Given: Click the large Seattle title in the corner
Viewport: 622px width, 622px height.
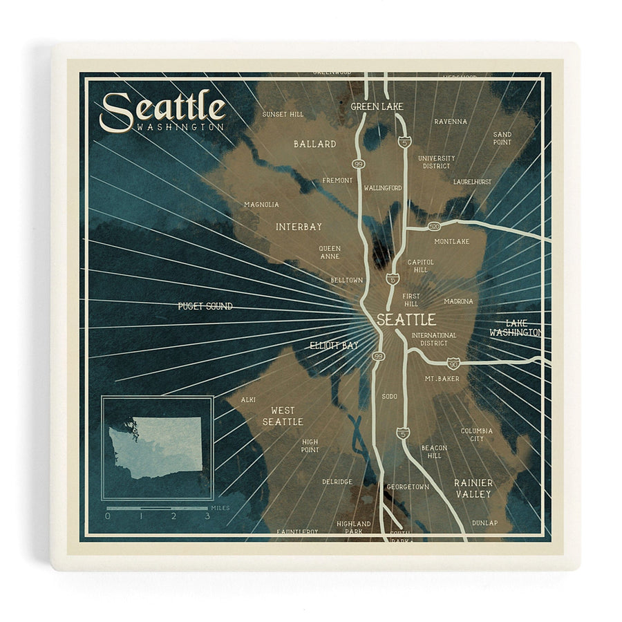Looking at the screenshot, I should pos(163,110).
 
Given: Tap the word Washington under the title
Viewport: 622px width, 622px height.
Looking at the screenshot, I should pos(180,128).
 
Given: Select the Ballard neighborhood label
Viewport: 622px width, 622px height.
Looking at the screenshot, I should pos(314,144).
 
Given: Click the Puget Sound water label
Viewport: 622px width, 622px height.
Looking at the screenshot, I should pos(205,306).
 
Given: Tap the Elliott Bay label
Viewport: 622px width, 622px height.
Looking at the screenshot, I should pos(334,345).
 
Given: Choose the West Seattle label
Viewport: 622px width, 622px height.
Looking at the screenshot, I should pos(282,416).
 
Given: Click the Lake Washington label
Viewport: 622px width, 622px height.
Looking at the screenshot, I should pos(515,328).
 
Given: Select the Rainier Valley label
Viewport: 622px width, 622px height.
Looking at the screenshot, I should pos(473,488).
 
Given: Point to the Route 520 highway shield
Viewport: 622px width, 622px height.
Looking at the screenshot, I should pos(433,226).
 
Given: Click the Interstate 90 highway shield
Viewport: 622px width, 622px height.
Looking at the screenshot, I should pos(453,363).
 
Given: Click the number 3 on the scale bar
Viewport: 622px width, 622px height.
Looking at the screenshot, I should pos(207,516).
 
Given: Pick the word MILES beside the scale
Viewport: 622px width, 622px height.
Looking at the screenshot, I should pos(221,508).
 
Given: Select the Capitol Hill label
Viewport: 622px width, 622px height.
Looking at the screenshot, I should pos(421,266).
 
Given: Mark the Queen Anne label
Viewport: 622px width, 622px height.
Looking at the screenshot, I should pos(330,252).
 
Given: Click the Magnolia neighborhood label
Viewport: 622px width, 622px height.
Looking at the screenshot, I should pos(261,205).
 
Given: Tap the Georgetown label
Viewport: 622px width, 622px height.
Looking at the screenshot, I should pos(408,487).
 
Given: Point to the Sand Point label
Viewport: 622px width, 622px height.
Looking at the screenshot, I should pos(502,138).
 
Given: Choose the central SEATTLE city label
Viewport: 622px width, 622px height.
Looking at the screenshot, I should pos(406,320).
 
